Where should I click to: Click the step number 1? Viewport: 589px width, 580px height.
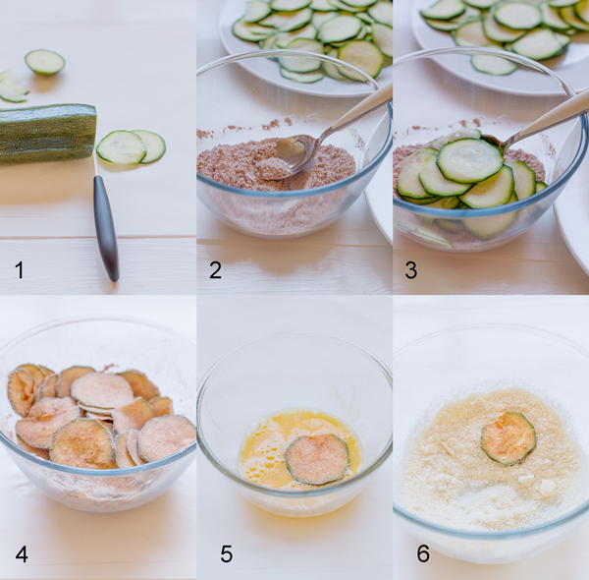20,270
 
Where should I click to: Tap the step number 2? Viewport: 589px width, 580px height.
215,270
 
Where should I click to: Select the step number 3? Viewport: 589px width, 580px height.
411,270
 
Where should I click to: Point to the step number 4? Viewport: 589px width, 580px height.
22,554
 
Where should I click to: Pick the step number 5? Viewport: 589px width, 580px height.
226,554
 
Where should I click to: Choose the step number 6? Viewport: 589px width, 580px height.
423,553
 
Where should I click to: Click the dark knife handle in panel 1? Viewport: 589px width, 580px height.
106,227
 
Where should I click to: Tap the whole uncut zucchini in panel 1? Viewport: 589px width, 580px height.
47,134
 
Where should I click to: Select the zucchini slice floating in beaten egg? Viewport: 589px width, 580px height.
317,459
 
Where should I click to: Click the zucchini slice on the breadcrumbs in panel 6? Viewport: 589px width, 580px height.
509,438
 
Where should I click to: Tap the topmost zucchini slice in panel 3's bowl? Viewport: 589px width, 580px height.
469,160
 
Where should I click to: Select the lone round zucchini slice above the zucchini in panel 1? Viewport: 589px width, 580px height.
45,62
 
